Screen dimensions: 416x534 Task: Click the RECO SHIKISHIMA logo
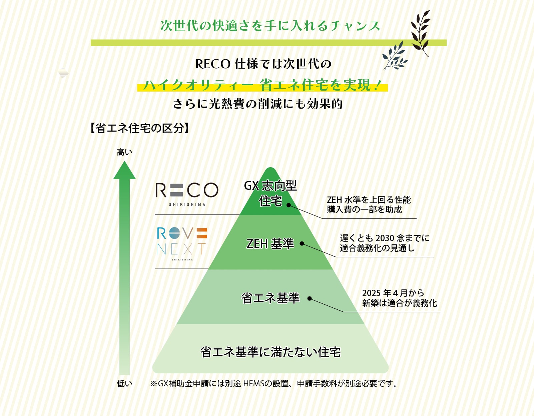(187, 193)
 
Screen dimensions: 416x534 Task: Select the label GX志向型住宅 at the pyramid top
(271, 193)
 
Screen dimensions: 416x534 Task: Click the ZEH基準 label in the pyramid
(270, 244)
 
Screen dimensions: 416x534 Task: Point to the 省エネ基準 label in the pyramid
(271, 298)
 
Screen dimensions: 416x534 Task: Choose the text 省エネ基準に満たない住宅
(271, 352)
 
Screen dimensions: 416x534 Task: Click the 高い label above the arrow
(124, 152)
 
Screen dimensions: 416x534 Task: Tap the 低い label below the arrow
(124, 384)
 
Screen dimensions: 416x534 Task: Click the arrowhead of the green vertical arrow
(124, 171)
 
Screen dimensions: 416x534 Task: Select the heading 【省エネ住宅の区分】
(139, 128)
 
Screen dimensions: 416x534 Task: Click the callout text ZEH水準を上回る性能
(369, 200)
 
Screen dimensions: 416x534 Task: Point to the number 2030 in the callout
(385, 238)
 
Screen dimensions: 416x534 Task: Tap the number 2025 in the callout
(371, 293)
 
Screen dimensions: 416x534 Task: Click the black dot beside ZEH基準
(302, 243)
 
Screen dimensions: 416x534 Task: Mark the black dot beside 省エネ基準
(310, 298)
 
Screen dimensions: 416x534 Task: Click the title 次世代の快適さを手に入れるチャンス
(270, 26)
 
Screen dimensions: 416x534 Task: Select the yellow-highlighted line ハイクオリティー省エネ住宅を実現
(262, 85)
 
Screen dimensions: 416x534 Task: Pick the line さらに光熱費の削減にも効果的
(258, 104)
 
